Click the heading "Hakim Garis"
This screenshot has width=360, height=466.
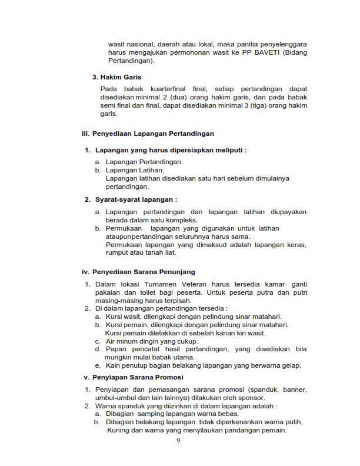click(x=121, y=77)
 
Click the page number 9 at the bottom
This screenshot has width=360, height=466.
click(x=179, y=442)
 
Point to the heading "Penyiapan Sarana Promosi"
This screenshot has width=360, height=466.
click(x=138, y=377)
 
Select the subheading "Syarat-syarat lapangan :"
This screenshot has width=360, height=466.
click(x=136, y=199)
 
